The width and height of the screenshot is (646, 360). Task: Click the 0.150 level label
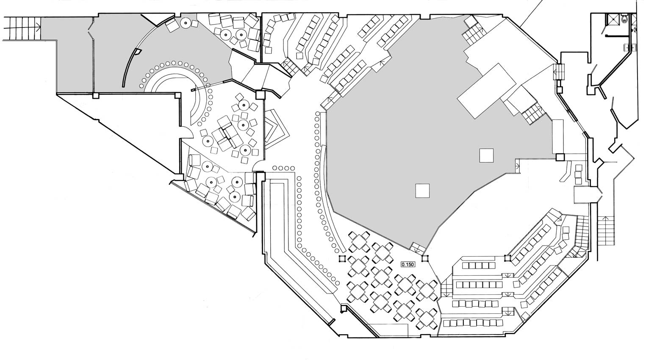408,264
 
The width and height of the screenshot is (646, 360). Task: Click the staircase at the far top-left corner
22,28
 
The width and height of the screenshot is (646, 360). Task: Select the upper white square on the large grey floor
487,155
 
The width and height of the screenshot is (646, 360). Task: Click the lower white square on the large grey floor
422,191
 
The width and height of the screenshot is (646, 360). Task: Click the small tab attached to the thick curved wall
139,52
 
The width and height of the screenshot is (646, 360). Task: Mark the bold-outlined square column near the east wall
560,157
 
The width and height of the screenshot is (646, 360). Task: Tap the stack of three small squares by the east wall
578,174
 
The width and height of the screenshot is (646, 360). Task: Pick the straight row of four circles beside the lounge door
283,168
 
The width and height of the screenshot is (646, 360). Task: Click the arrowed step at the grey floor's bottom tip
417,249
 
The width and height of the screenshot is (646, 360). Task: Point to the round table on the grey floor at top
185,22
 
